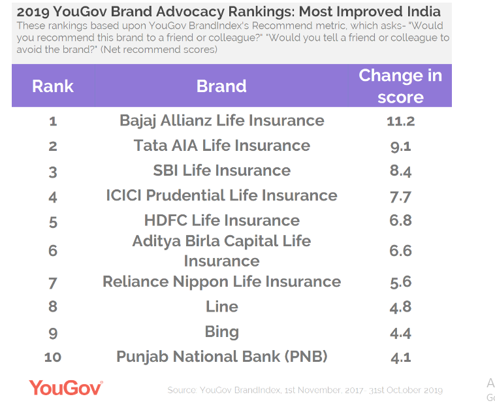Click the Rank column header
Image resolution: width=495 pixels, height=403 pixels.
(x=53, y=86)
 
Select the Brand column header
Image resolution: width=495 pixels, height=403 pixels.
(x=221, y=86)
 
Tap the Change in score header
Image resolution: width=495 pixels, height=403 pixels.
(x=400, y=86)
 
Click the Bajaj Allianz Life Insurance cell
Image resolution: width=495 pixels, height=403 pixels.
(x=221, y=121)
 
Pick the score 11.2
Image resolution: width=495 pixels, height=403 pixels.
(x=400, y=121)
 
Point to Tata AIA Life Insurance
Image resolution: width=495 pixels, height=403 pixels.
(x=221, y=146)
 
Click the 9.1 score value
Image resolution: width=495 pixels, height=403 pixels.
(x=400, y=146)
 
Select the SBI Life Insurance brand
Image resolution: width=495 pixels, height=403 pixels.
(x=221, y=170)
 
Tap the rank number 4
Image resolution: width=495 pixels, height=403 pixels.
(x=53, y=197)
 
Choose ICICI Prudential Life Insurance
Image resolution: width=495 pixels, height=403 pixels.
(x=221, y=195)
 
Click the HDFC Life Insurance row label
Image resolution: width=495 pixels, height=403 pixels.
(x=221, y=220)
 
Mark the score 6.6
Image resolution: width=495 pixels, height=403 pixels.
(x=400, y=251)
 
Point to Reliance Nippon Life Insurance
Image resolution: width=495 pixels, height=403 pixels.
(x=221, y=282)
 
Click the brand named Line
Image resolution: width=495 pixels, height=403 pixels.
(x=221, y=306)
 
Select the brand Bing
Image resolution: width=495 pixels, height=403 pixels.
(x=221, y=332)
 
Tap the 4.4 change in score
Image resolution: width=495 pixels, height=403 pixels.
(x=400, y=332)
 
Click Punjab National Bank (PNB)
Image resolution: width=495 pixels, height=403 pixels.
(x=221, y=357)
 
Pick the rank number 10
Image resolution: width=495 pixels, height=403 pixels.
(x=53, y=357)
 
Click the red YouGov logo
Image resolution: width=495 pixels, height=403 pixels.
(x=66, y=387)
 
